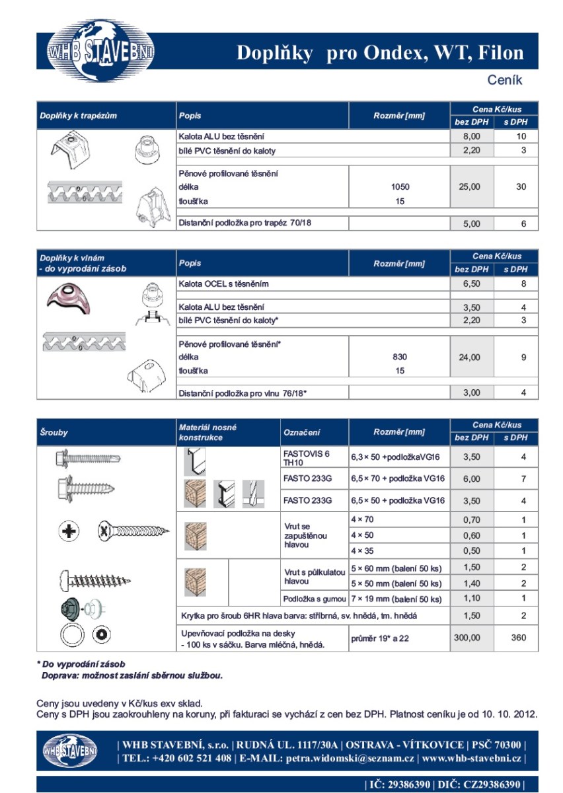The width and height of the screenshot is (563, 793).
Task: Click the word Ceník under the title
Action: (505, 80)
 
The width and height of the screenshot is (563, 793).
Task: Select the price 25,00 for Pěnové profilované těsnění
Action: (471, 187)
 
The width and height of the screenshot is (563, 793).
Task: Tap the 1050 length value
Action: (400, 187)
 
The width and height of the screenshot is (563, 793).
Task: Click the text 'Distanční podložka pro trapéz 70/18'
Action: (245, 223)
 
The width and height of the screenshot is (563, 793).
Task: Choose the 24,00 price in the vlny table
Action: (471, 358)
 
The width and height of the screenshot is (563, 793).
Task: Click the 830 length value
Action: (400, 357)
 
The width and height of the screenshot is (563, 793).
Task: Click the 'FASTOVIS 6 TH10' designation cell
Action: (306, 458)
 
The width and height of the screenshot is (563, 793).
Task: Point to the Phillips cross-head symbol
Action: (69, 530)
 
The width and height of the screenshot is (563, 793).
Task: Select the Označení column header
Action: (302, 432)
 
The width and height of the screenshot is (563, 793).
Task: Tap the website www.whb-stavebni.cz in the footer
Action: (471, 759)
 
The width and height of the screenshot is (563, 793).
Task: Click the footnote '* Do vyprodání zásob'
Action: (81, 663)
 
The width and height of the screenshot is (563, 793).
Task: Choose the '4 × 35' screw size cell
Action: (362, 550)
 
